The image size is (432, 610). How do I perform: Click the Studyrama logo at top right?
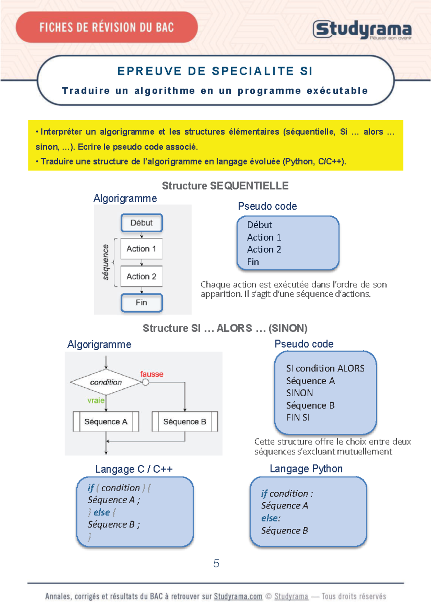[x=362, y=29]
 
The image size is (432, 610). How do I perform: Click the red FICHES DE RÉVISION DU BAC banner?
[x=107, y=27]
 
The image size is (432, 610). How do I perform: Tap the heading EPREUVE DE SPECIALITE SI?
[x=215, y=71]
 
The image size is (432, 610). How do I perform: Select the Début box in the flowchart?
[x=141, y=223]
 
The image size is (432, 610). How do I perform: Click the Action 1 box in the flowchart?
[x=141, y=249]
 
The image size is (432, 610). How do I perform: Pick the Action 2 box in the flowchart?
[x=141, y=276]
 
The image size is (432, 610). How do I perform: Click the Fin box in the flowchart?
[x=141, y=302]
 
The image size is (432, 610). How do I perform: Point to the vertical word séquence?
[x=105, y=262]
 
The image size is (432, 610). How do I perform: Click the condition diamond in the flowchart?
[x=106, y=382]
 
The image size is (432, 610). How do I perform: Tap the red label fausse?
[x=152, y=374]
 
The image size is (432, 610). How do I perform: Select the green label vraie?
[x=96, y=400]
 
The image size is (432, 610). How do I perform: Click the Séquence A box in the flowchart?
[x=106, y=422]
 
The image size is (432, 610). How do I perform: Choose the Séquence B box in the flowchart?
[x=185, y=422]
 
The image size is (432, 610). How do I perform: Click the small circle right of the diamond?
[x=145, y=382]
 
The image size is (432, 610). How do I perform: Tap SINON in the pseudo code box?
[x=300, y=393]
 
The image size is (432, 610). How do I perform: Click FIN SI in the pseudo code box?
[x=298, y=418]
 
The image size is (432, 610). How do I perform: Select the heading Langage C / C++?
[x=134, y=469]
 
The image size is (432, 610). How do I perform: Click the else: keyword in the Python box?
[x=271, y=518]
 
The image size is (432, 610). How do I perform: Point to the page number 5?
[x=216, y=563]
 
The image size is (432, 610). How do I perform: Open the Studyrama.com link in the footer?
[x=238, y=596]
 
